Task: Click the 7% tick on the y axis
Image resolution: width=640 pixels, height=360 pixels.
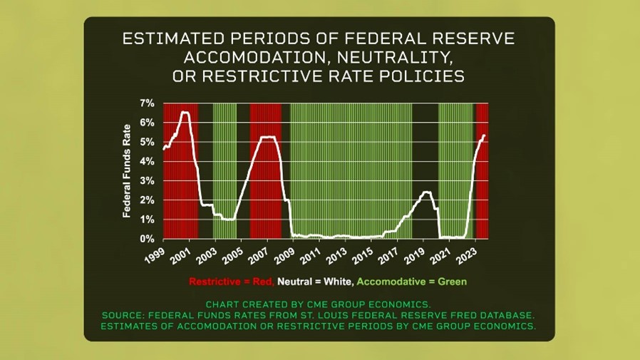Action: coord(148,103)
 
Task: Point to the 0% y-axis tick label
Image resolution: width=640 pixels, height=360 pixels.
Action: coord(148,239)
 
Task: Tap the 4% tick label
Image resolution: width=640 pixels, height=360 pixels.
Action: coord(148,162)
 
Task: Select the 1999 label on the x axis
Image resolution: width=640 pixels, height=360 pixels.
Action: coord(155,256)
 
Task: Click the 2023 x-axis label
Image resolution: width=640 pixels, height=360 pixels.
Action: coord(467,256)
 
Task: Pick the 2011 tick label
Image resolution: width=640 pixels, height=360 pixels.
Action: coord(311,256)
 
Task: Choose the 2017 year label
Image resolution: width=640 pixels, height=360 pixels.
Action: coord(388,256)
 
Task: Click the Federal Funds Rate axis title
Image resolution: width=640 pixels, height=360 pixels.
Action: coord(127,171)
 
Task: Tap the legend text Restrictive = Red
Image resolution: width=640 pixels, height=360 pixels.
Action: coord(232,282)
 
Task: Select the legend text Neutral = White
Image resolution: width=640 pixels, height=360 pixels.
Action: coord(316,282)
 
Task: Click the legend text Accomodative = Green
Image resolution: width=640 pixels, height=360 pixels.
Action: coord(412,282)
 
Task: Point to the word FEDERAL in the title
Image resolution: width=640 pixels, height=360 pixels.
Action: coord(386,38)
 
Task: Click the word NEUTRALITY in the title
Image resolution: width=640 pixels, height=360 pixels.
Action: coord(395,58)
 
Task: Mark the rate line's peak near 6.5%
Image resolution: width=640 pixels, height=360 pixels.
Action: coord(185,112)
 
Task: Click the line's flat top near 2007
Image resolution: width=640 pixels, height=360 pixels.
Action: coord(267,137)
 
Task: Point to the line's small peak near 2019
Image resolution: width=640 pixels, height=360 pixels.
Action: coord(426,192)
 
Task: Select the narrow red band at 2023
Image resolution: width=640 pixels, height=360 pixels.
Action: coord(482,171)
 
